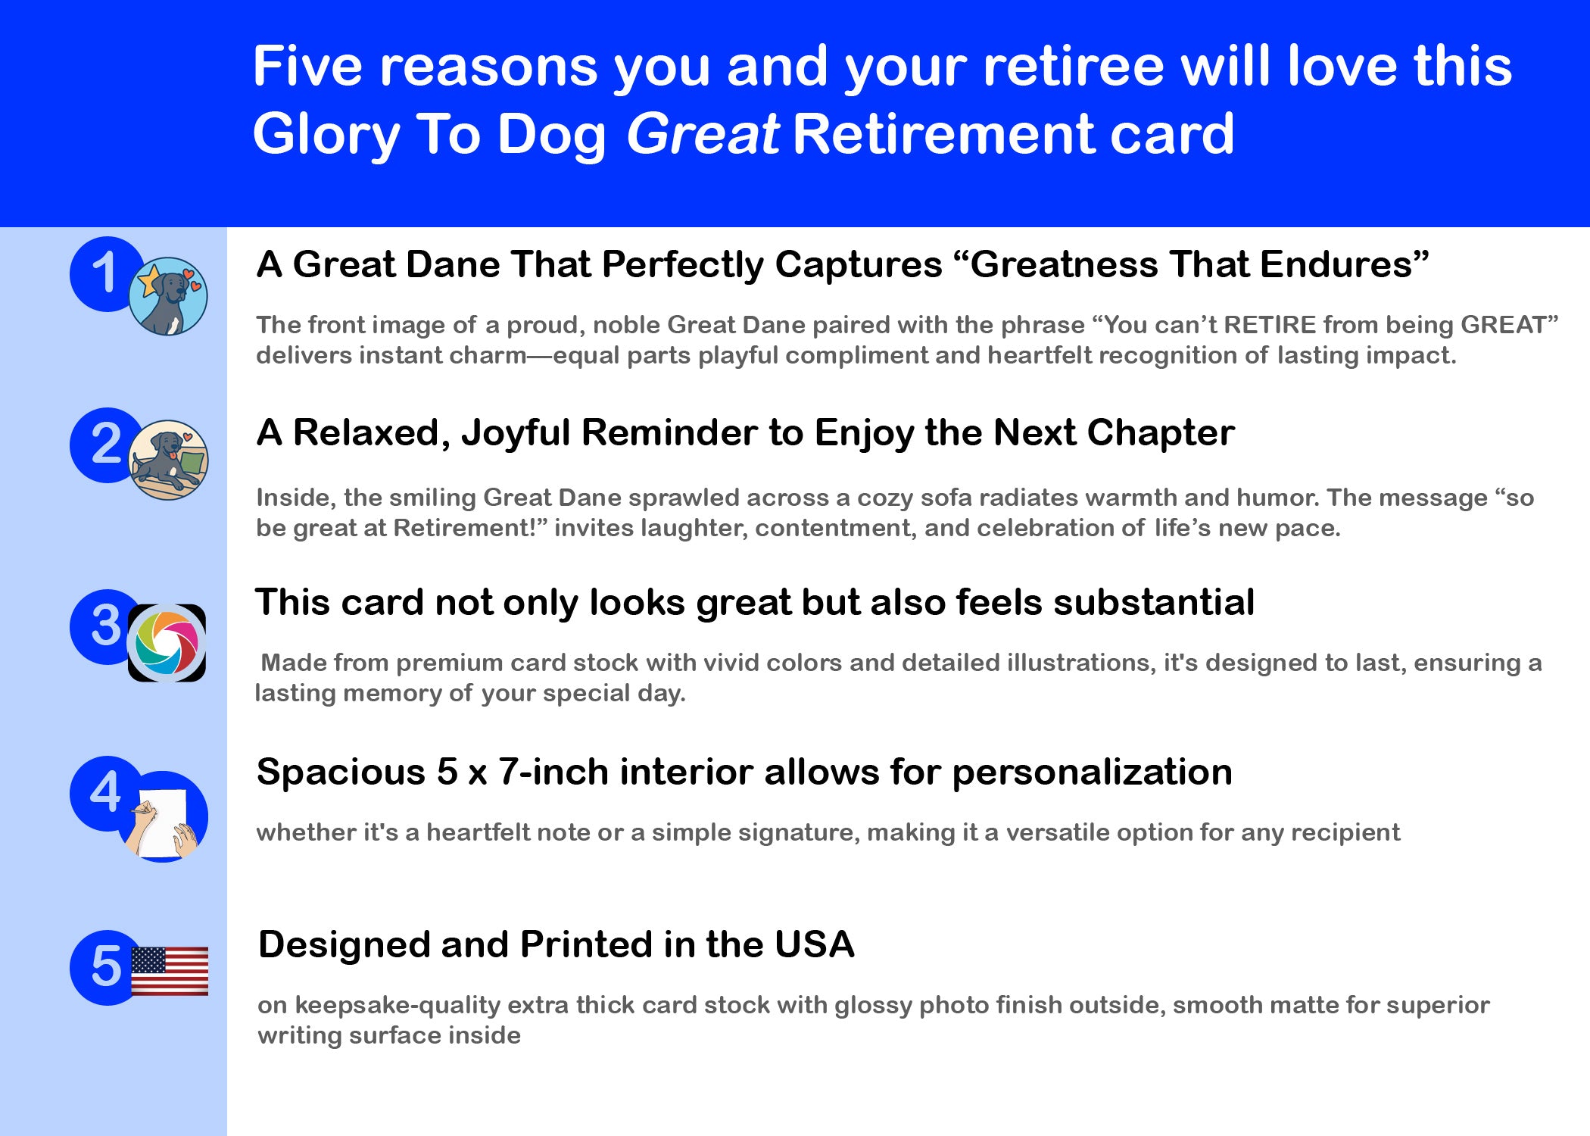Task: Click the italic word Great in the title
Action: coord(703,134)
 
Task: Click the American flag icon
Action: coord(170,971)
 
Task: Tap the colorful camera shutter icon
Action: coord(167,643)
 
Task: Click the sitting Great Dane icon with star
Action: coord(168,296)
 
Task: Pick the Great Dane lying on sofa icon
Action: coord(169,460)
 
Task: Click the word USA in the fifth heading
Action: coord(815,945)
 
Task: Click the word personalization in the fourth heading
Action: coord(1092,773)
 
